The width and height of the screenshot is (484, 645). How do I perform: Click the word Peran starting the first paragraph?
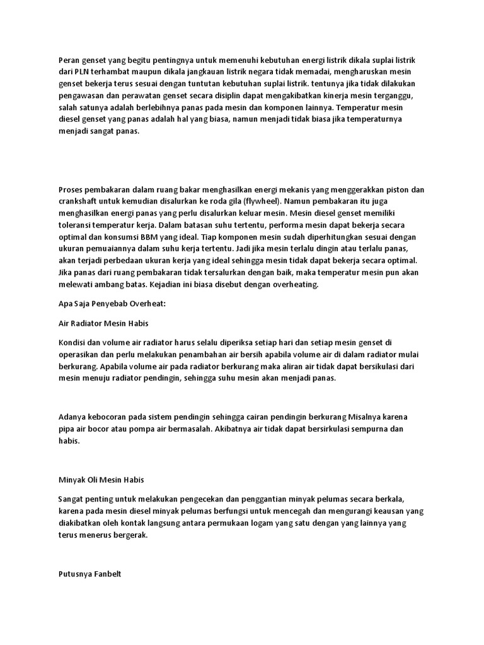[x=69, y=60]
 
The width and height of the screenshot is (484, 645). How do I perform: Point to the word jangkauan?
[x=207, y=72]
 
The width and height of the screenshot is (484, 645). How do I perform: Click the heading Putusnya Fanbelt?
[x=84, y=574]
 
